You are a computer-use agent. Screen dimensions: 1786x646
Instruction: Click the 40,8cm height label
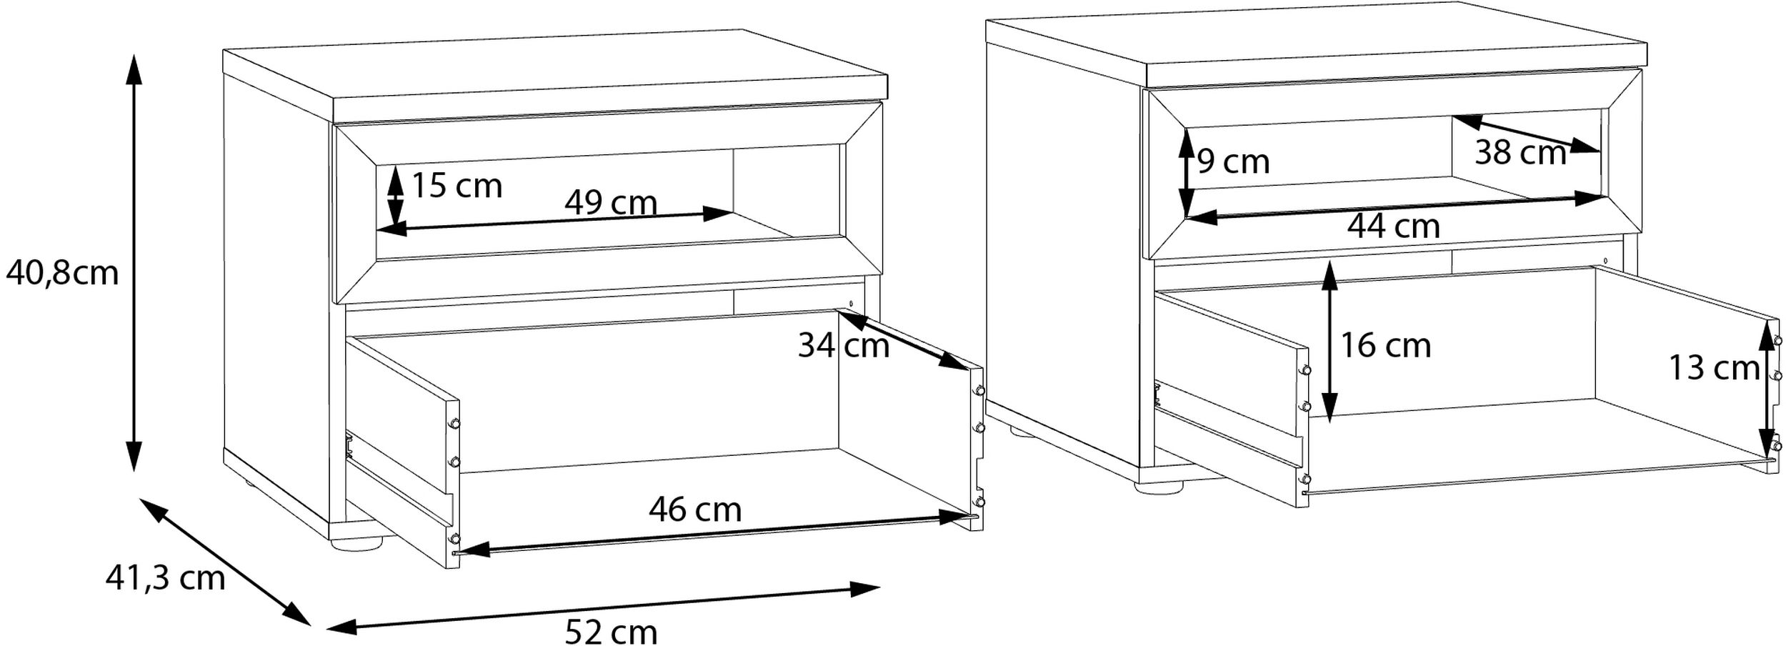click(62, 273)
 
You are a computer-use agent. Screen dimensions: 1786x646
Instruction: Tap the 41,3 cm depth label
click(165, 577)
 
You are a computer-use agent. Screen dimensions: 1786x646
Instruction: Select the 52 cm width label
click(611, 632)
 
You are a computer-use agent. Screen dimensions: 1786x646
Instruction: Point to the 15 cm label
click(457, 187)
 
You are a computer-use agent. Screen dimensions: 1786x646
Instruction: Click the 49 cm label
click(611, 203)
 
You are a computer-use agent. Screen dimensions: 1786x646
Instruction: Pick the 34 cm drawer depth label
click(844, 346)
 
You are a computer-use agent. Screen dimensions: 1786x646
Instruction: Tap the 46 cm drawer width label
click(695, 510)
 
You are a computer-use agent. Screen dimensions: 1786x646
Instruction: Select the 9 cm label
click(1234, 161)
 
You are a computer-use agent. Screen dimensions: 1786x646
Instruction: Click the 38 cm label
click(1520, 153)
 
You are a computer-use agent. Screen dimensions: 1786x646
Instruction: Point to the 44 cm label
click(1394, 227)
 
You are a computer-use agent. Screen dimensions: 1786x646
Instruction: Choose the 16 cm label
click(1386, 346)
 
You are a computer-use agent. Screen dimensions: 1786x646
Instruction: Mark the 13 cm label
click(1714, 369)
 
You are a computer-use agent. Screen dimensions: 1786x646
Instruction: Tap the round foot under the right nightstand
click(1160, 487)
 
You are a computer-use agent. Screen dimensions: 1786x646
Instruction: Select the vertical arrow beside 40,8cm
click(134, 262)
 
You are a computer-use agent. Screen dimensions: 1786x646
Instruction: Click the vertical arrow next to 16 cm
click(1329, 342)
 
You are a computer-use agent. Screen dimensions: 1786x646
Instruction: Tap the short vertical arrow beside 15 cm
click(394, 197)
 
